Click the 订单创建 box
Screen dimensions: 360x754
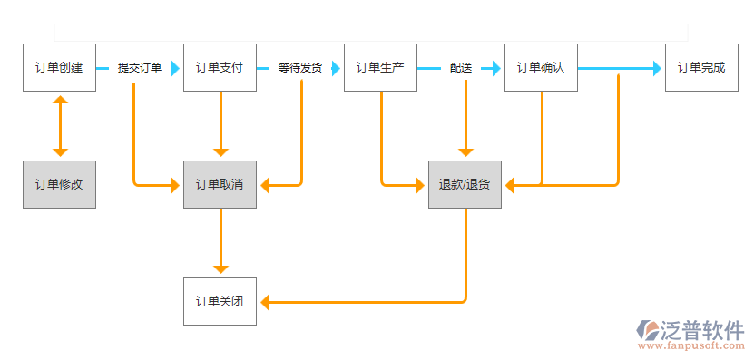tap(59, 67)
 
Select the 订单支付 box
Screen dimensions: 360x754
tap(220, 67)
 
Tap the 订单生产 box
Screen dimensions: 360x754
tap(380, 67)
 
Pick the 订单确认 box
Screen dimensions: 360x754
tap(541, 67)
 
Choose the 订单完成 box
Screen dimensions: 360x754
tap(701, 67)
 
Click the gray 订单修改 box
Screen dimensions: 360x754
tap(59, 184)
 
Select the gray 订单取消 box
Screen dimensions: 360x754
tap(220, 184)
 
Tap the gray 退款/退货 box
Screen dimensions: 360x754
tap(465, 184)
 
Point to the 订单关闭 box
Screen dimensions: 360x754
tap(220, 301)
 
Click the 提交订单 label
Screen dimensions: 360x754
tap(140, 68)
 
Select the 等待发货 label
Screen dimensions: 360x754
tap(300, 68)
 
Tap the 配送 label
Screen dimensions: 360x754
tap(461, 68)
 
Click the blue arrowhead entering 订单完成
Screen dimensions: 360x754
tap(658, 68)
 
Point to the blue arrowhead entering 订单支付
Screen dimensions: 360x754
tap(175, 68)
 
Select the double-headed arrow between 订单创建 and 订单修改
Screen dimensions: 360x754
tap(60, 126)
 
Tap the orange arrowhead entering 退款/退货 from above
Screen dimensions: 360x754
tap(465, 152)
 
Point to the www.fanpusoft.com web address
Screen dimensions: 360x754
tap(692, 346)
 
